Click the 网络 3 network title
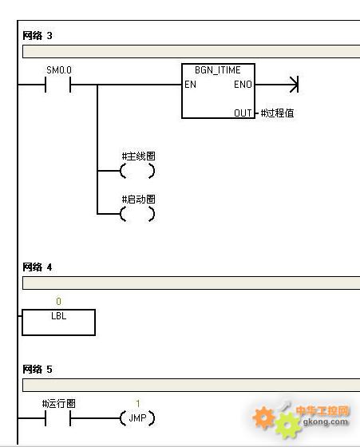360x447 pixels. click(x=38, y=36)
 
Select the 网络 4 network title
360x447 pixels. click(x=38, y=267)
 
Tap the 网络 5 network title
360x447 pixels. click(x=38, y=369)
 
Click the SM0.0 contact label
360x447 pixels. click(x=59, y=70)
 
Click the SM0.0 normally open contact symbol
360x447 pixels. click(x=58, y=85)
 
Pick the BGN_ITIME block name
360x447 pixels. click(x=218, y=70)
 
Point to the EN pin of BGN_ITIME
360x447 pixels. click(x=190, y=85)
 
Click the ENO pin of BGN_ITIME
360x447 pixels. click(x=243, y=85)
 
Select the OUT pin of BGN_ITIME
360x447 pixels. click(x=243, y=113)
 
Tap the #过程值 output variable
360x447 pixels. click(x=277, y=113)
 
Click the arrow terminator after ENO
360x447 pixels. click(x=295, y=85)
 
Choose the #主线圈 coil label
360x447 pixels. click(x=139, y=156)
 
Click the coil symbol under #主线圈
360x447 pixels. click(x=137, y=171)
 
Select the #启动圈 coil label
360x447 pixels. click(x=139, y=200)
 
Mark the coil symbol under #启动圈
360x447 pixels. click(x=137, y=214)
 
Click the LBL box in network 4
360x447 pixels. click(x=59, y=322)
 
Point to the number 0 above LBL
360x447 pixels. click(x=58, y=302)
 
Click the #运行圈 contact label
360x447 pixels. click(x=59, y=403)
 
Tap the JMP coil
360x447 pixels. click(x=137, y=418)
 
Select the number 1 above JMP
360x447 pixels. click(x=138, y=403)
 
